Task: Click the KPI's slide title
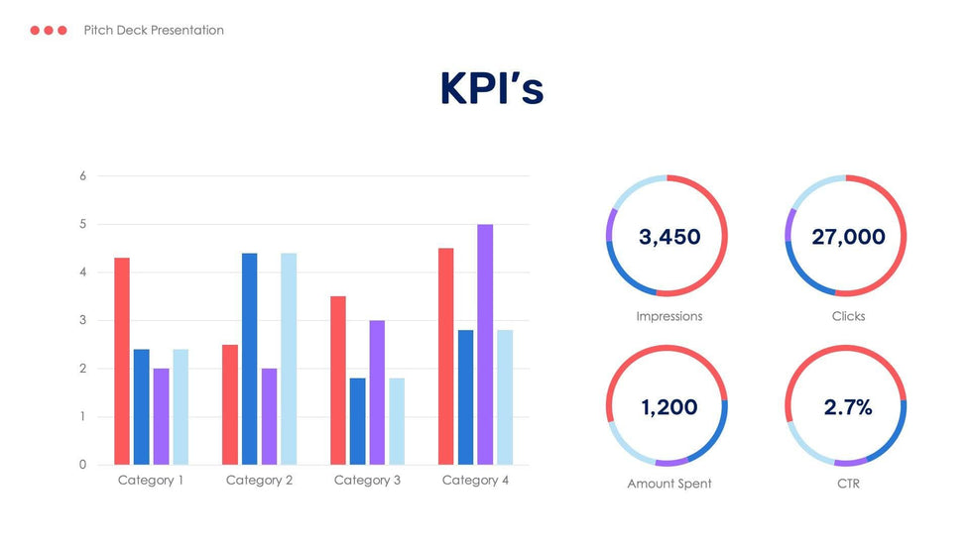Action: coord(492,89)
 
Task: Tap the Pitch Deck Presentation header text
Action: coord(154,31)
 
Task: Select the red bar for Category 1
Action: coord(122,361)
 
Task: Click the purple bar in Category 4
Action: coord(485,344)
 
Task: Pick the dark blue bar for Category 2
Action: coord(250,359)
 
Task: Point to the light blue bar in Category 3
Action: coord(397,421)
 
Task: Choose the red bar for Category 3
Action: coord(338,381)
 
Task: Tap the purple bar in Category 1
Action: coord(161,416)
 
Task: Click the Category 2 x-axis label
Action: coord(259,481)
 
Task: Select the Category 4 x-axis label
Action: coord(475,481)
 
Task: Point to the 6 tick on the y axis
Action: coord(83,176)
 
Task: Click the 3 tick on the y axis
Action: coord(83,321)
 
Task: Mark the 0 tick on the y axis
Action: coord(83,465)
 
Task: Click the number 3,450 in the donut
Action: coord(669,237)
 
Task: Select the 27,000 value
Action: coord(848,237)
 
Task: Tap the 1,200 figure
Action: coord(669,407)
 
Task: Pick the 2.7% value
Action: coord(848,407)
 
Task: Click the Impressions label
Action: coord(669,316)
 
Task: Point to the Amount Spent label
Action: coord(669,484)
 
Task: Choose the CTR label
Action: coord(848,484)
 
